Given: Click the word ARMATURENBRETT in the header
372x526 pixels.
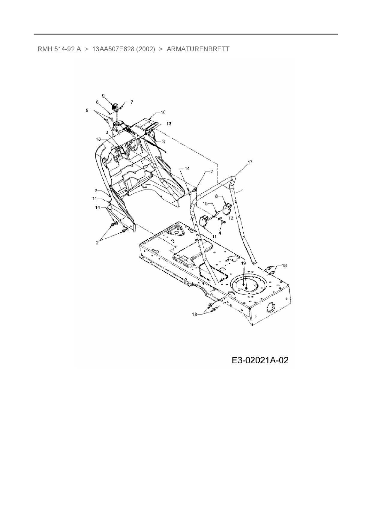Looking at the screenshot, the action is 198,49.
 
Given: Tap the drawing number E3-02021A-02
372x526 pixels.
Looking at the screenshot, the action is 260,360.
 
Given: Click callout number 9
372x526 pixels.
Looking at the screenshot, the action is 103,96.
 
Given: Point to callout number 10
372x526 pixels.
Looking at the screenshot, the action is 163,112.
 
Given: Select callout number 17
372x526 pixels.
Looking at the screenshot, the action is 250,162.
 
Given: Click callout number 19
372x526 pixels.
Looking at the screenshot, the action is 243,263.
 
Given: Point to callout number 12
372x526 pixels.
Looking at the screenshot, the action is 231,218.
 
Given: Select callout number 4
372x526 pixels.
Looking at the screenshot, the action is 220,233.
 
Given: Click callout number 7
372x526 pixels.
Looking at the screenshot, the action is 131,102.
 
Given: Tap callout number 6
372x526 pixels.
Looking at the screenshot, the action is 97,102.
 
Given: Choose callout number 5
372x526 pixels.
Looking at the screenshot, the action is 87,110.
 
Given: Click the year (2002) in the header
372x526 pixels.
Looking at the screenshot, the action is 145,49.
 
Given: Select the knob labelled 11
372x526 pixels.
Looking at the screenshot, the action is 205,221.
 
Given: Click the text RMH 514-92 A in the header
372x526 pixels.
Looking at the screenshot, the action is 59,49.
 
